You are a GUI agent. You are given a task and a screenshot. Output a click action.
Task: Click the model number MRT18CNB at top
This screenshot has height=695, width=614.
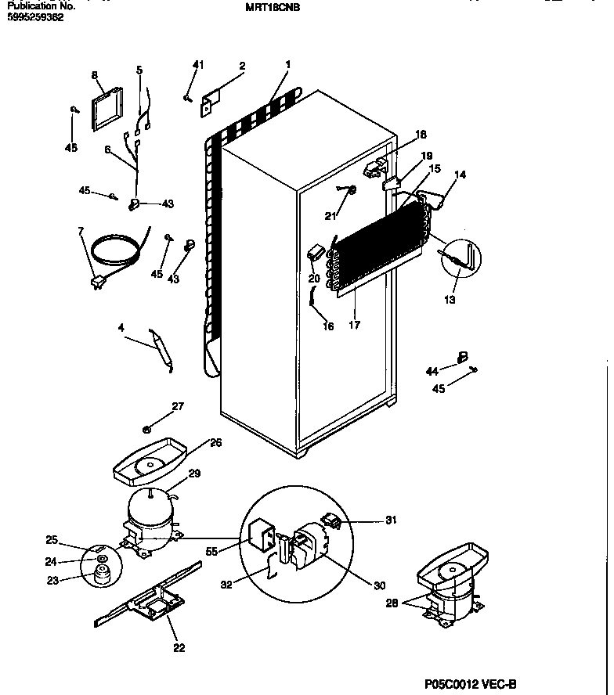pyautogui.click(x=273, y=7)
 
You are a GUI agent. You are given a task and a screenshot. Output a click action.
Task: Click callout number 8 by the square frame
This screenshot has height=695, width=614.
pyautogui.click(x=94, y=75)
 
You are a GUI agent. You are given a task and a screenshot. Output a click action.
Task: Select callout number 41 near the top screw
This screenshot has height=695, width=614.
pyautogui.click(x=197, y=65)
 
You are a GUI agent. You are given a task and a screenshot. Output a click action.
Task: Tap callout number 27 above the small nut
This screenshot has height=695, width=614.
pyautogui.click(x=178, y=405)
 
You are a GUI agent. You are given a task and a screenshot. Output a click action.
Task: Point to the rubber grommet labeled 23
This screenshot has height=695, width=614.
pyautogui.click(x=99, y=578)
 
